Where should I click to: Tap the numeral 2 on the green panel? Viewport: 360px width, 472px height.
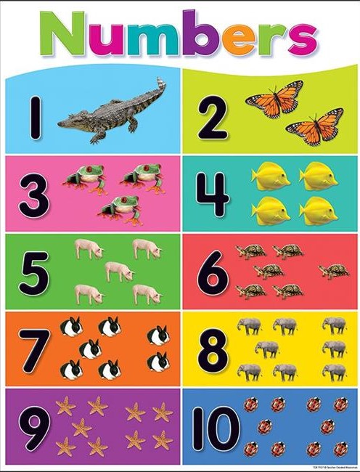[x=213, y=118]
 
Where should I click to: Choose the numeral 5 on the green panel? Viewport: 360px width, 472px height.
[x=34, y=271]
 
